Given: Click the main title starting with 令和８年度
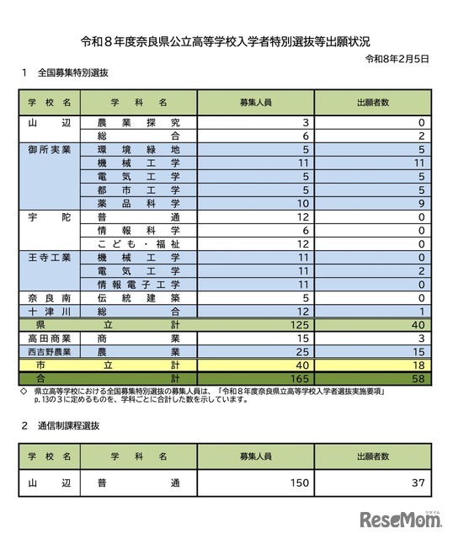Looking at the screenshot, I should pyautogui.click(x=226, y=40).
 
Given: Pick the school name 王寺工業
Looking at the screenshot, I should pyautogui.click(x=49, y=256).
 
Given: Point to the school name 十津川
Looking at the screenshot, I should pyautogui.click(x=49, y=310).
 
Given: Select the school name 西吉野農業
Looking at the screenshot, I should pyautogui.click(x=49, y=350).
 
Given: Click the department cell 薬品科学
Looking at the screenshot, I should pyautogui.click(x=138, y=203).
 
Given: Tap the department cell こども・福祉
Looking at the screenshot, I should pyautogui.click(x=138, y=243).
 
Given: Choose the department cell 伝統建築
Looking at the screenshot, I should pyautogui.click(x=138, y=297).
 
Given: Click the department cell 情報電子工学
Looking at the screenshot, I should pyautogui.click(x=138, y=284).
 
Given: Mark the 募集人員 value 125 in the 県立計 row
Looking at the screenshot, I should pyautogui.click(x=298, y=324).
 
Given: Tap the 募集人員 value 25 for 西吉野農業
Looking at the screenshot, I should pyautogui.click(x=301, y=350).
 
